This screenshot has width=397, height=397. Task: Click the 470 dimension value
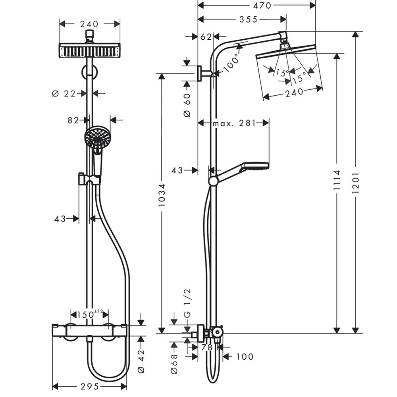[262, 6]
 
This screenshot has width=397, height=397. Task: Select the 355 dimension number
[249, 19]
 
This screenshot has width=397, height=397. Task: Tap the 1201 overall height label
[356, 183]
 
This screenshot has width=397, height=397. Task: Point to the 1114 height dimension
[337, 180]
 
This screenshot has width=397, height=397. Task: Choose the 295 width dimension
[90, 387]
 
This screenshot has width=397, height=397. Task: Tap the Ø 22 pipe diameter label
[64, 94]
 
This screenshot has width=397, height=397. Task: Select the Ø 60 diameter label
[187, 105]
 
